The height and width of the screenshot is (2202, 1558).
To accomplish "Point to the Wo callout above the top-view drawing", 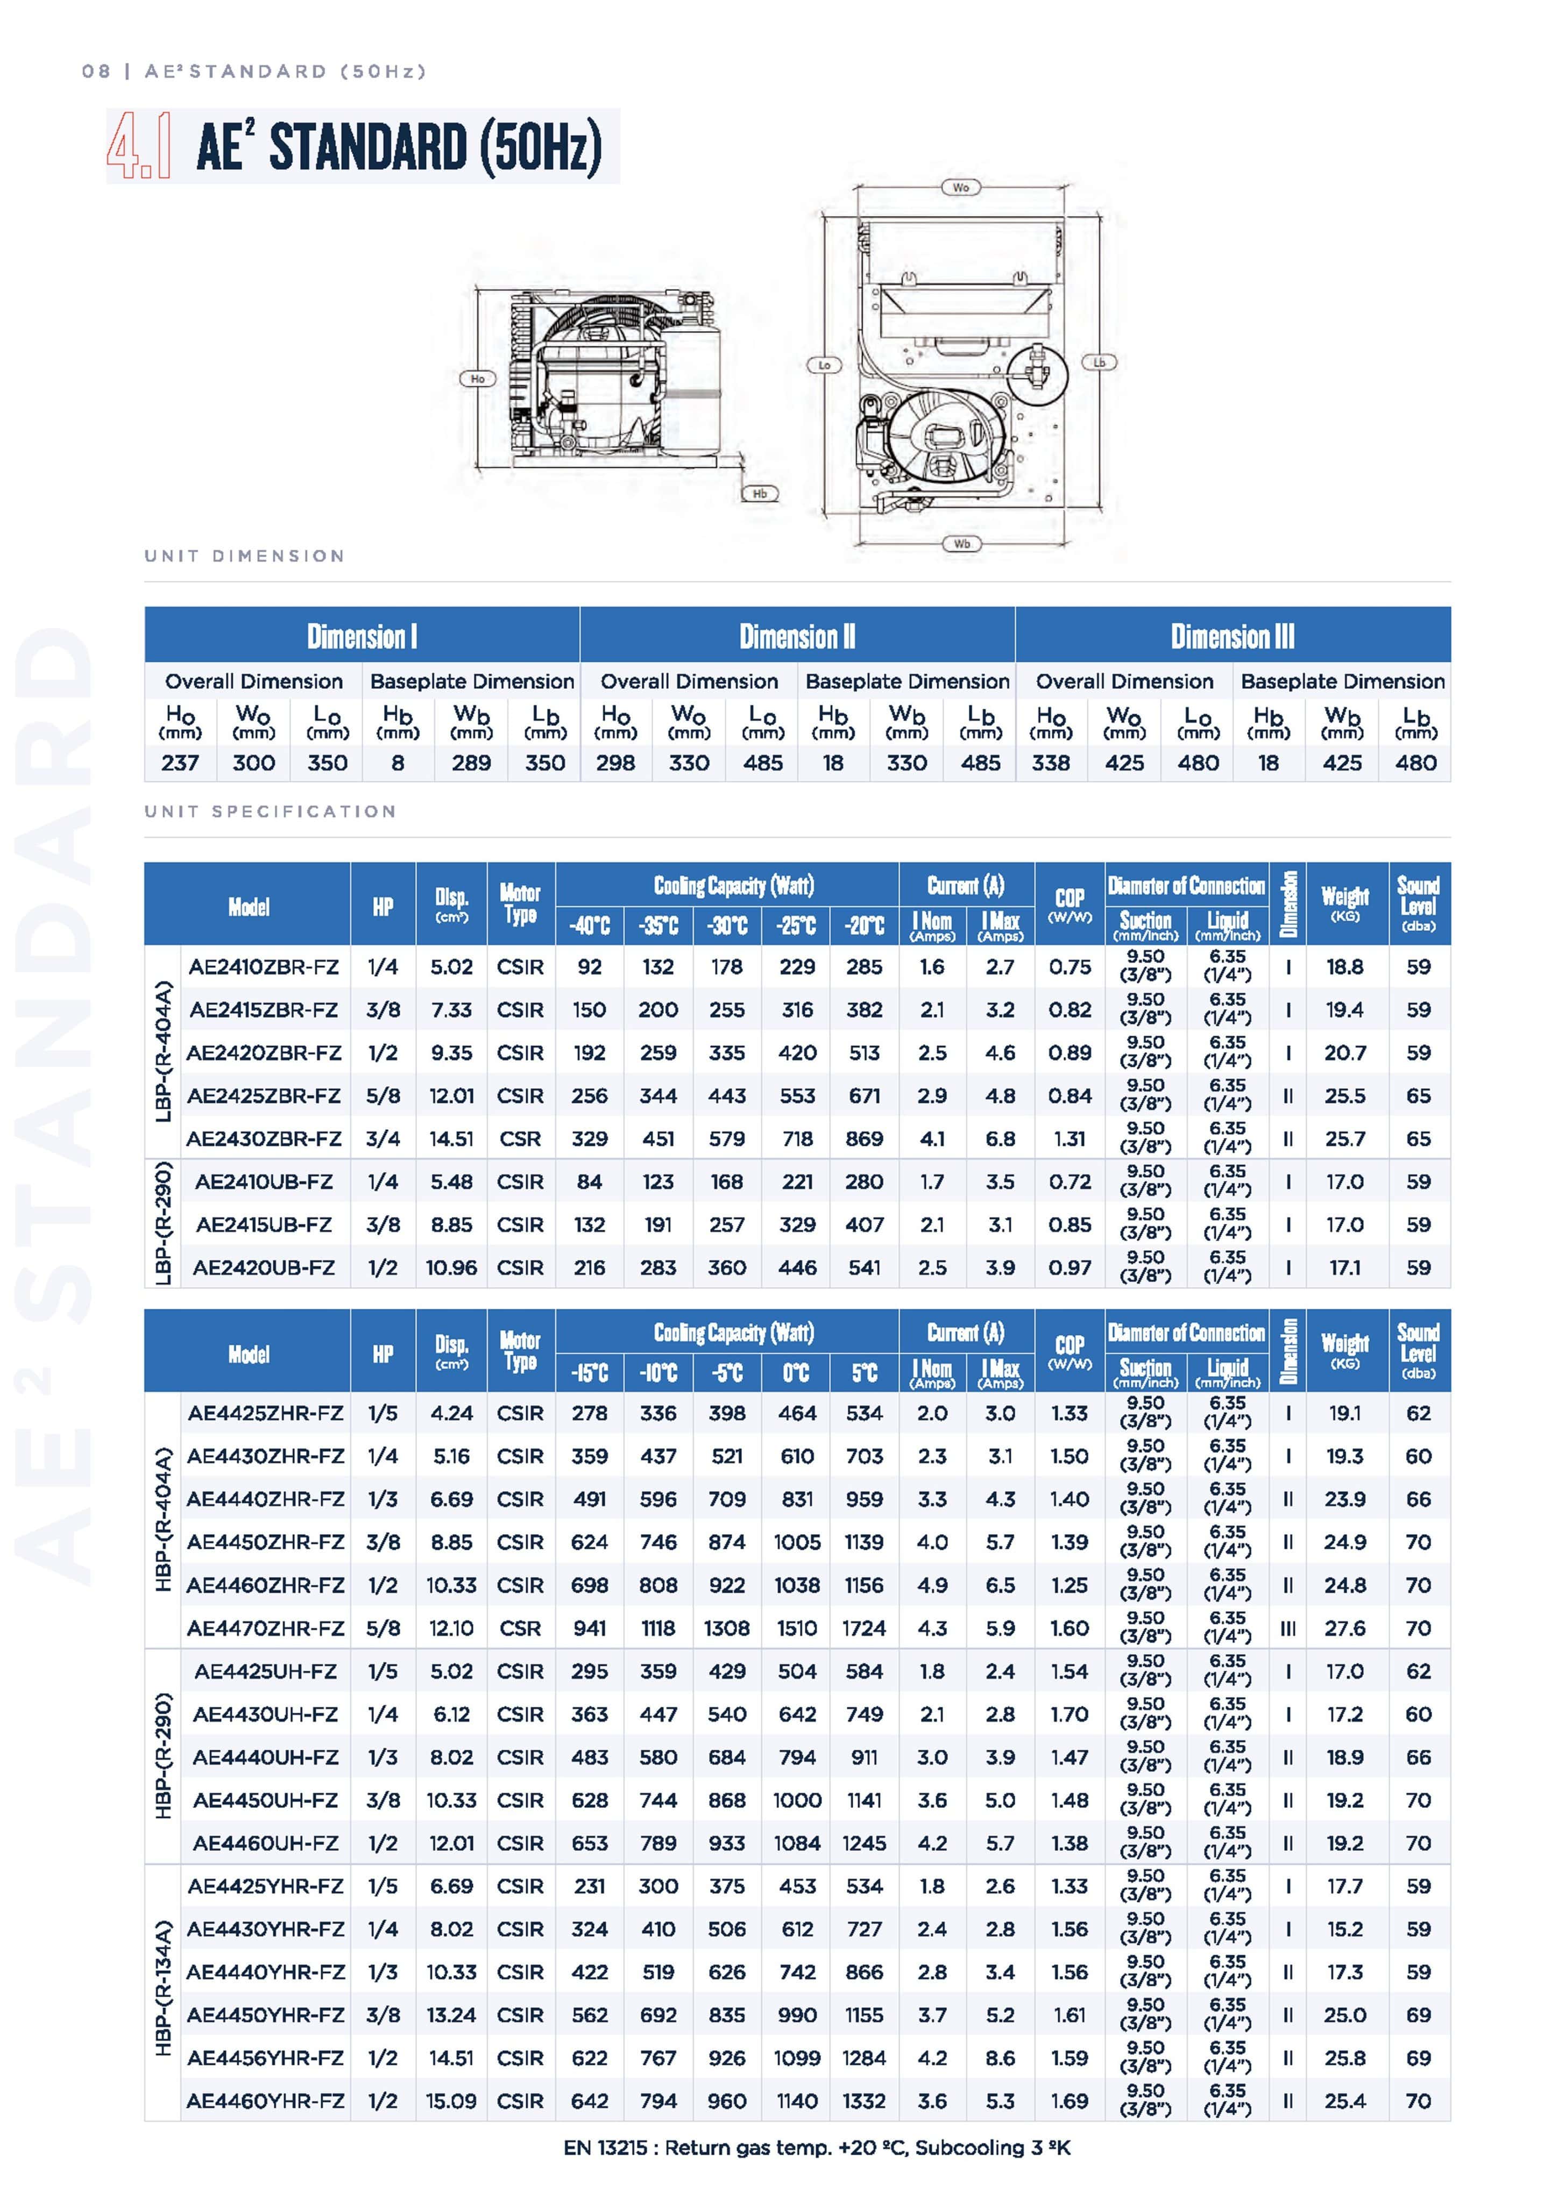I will (x=960, y=188).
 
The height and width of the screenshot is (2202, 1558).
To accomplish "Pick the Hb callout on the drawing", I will (x=760, y=494).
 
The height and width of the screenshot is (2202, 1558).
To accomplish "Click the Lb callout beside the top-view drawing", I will (x=1100, y=362).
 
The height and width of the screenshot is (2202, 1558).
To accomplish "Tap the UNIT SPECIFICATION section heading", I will (x=271, y=811).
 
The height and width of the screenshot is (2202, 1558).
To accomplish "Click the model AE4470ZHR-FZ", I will (x=265, y=1628).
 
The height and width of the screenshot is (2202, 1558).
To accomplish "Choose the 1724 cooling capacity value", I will (x=863, y=1628).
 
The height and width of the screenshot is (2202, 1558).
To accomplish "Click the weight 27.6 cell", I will (x=1344, y=1628).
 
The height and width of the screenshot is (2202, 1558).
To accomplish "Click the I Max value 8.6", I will (x=1000, y=2057).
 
